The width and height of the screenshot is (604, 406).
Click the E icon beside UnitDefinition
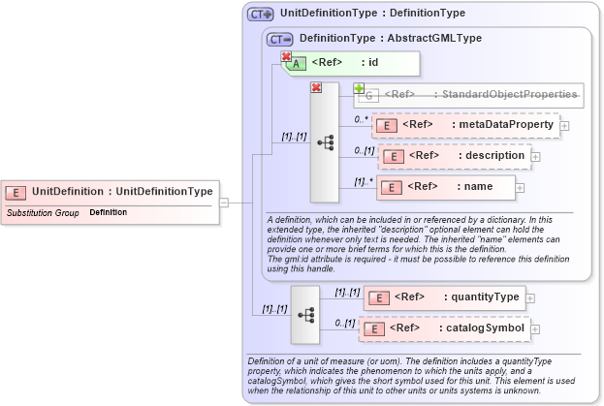coord(17,191)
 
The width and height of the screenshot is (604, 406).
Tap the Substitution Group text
coord(43,211)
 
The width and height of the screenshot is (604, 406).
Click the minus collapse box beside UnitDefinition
coord(223,203)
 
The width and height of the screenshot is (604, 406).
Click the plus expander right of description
coord(535,155)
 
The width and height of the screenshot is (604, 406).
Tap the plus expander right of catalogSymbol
coord(537,329)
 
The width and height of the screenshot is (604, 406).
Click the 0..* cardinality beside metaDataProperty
coord(361,119)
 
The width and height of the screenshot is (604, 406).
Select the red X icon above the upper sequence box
coord(315,88)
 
